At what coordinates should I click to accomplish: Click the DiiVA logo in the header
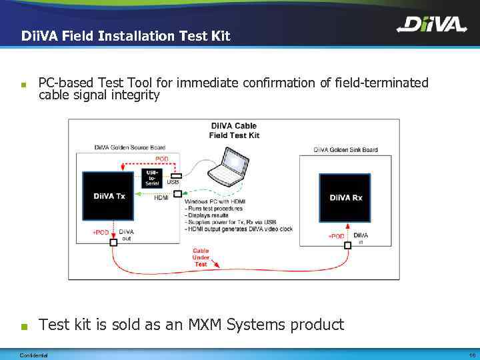(431, 25)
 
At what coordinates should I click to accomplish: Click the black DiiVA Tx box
(109, 196)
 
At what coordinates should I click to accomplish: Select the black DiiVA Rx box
(345, 198)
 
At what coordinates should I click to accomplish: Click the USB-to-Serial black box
(152, 178)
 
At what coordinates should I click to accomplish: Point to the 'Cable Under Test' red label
(201, 258)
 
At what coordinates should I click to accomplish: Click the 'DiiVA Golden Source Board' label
(129, 147)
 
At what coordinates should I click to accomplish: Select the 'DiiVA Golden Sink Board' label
(345, 149)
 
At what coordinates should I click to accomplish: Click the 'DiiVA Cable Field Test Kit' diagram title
(234, 130)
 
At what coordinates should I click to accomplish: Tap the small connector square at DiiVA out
(113, 243)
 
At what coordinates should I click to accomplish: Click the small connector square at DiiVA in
(347, 245)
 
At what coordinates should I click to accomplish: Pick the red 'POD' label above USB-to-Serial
(162, 159)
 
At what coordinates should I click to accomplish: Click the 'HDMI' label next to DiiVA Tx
(161, 198)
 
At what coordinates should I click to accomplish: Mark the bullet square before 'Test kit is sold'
(24, 327)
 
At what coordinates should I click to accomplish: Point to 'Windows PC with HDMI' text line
(216, 201)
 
